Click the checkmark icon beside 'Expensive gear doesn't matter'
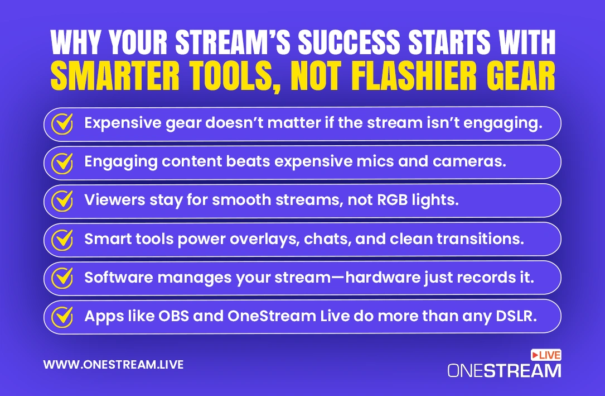[x=62, y=123]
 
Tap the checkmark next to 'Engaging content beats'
[x=62, y=163]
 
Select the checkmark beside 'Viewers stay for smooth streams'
[x=62, y=201]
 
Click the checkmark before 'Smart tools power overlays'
[x=62, y=240]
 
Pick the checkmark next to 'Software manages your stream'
[x=62, y=278]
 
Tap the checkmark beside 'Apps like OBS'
[x=62, y=317]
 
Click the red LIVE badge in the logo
[x=546, y=355]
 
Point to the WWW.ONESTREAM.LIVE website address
[x=113, y=365]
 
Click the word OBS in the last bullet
[x=173, y=316]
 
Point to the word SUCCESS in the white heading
[x=349, y=42]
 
